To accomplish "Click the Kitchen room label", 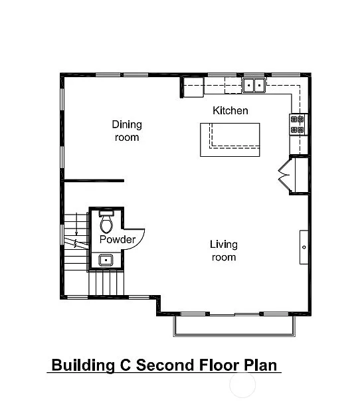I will point(230,110).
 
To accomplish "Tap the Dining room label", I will point(126,131).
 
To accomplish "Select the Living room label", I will point(224,251).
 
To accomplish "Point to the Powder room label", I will point(117,239).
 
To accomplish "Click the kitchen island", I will point(230,140).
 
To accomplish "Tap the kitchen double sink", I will point(252,85).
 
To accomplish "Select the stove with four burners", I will point(297,125).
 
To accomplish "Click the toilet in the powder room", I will point(106,222).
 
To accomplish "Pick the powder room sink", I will point(106,260).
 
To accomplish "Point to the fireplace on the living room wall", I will point(304,246).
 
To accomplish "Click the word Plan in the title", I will point(260,365).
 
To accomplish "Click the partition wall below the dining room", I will point(93,180).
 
